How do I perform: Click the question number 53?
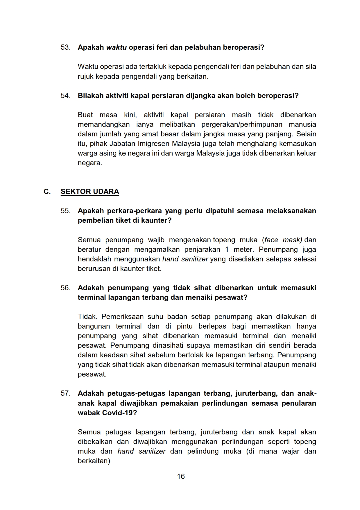point(65,47)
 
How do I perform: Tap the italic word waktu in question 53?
point(116,47)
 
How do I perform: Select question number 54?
point(65,96)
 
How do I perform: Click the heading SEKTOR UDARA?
point(90,192)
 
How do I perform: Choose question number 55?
point(65,211)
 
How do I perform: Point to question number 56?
point(65,288)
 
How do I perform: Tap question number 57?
point(65,393)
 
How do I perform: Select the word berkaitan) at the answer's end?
point(94,461)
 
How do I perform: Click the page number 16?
point(181,476)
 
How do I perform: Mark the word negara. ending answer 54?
point(90,163)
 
